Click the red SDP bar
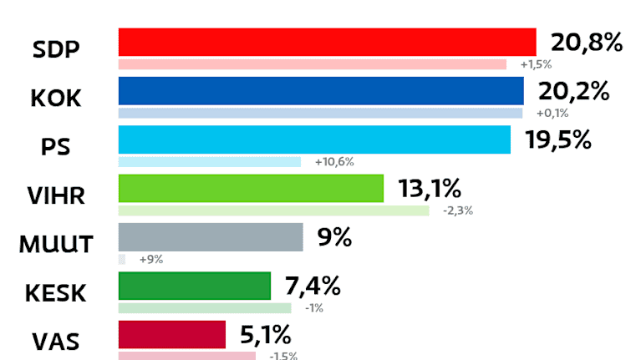coord(327,42)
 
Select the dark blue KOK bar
coord(321,90)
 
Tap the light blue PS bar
coord(314,139)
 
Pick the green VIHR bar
coord(251,188)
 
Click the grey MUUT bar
coord(211,237)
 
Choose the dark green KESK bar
coord(195,286)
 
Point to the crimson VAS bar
coord(172,335)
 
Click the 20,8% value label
coord(586,43)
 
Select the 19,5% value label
coord(558,139)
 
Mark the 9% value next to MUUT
coord(333,237)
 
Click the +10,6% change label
coord(334,162)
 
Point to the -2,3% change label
coord(458,210)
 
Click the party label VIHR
coord(56,196)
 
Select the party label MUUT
coord(57,245)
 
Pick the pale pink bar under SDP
coord(313,64)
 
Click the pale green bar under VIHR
coord(274,210)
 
